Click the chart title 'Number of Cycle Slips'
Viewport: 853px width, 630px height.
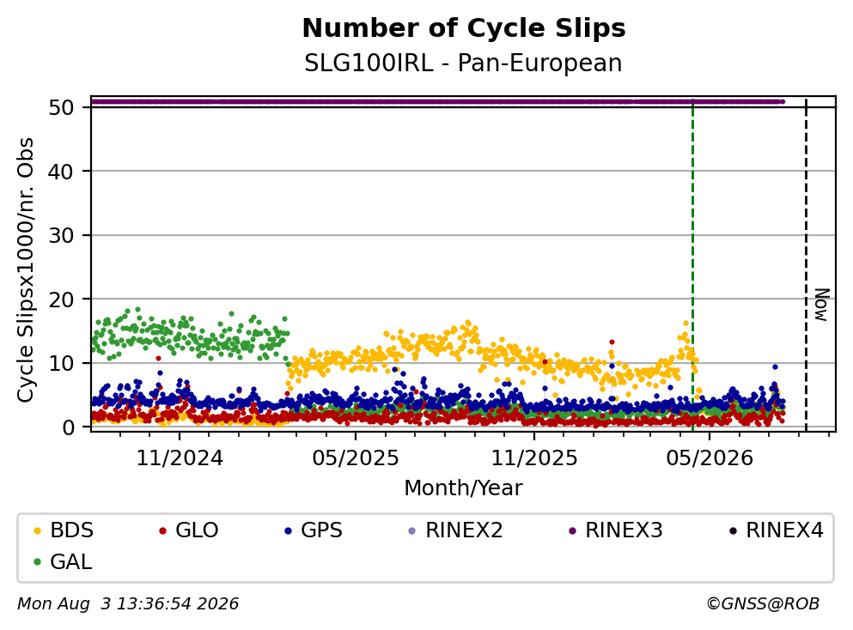pos(464,28)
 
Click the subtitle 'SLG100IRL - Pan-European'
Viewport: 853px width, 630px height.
pos(463,63)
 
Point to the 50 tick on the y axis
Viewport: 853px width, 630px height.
pos(61,107)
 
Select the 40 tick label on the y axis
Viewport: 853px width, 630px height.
pos(61,172)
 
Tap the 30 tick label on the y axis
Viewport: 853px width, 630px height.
pos(61,235)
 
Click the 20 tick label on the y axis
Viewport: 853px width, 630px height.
pos(61,300)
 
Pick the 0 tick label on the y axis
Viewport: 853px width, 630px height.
pos(68,427)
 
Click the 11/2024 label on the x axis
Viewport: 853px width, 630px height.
pos(180,458)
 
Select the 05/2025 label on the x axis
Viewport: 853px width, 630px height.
pos(356,458)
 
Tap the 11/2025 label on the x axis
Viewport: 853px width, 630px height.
pos(534,458)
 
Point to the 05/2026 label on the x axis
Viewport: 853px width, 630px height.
pos(710,458)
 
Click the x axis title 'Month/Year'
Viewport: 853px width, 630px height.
pos(463,488)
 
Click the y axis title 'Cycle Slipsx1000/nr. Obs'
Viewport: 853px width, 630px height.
pos(25,270)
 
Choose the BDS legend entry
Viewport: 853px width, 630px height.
pos(64,530)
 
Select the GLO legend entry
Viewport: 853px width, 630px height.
pos(189,530)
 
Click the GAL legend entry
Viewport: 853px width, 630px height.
pos(63,561)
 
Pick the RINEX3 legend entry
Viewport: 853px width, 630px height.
pos(616,530)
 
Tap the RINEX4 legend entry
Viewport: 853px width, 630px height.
pos(777,530)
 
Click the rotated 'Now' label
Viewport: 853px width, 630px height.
pos(821,305)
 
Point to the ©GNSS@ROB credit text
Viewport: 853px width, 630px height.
pos(763,603)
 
